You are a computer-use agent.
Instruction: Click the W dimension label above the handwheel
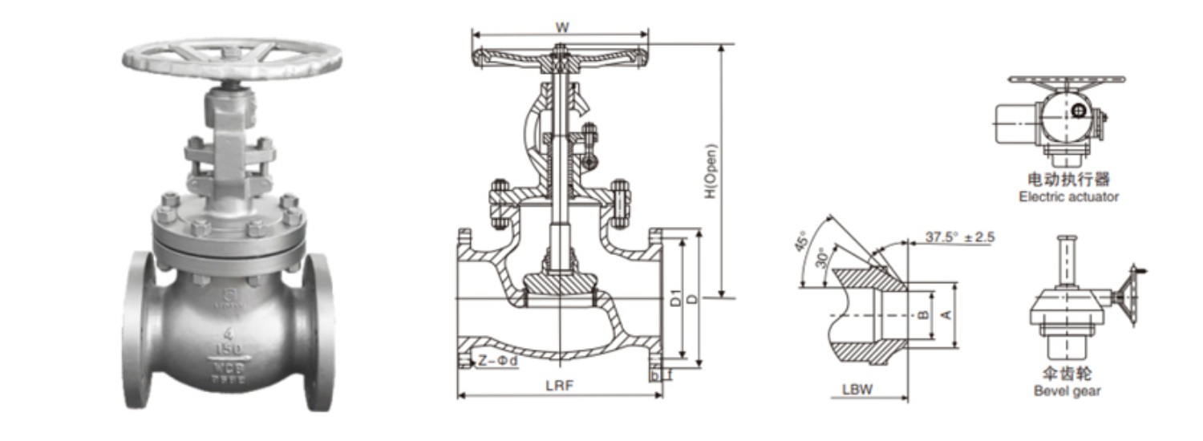562,26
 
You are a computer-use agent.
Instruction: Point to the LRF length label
559,386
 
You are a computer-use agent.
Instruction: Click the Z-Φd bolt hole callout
498,361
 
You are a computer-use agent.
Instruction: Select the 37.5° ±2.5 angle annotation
960,237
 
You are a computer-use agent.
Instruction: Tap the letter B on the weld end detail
923,315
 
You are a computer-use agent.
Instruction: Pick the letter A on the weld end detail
946,315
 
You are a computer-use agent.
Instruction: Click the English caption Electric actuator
1068,196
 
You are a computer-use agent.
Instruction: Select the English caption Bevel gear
1067,391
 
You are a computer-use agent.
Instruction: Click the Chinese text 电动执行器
1068,180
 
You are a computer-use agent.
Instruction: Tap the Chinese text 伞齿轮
1067,374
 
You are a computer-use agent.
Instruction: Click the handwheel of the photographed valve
233,58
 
